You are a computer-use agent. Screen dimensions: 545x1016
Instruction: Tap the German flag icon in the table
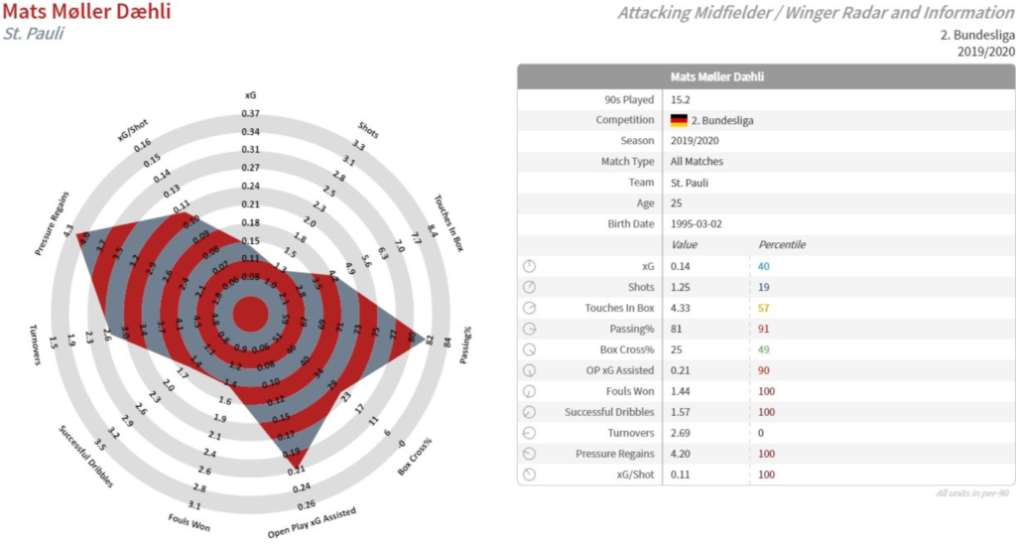[679, 120]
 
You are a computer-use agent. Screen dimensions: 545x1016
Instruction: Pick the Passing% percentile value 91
[764, 328]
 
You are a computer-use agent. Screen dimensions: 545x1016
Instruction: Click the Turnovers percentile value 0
[761, 433]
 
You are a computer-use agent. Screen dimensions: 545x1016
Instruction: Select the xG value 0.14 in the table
[682, 266]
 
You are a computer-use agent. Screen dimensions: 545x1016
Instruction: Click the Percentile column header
[782, 244]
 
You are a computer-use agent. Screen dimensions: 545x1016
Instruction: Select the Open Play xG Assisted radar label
[311, 520]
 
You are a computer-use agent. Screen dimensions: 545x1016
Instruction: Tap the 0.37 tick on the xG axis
[250, 113]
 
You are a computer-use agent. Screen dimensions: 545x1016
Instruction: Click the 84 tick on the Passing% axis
[447, 345]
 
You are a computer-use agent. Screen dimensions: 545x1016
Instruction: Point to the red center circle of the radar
[250, 315]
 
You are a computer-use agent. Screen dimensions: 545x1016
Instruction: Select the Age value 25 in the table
[677, 203]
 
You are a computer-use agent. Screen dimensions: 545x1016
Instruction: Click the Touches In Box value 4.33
[682, 308]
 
